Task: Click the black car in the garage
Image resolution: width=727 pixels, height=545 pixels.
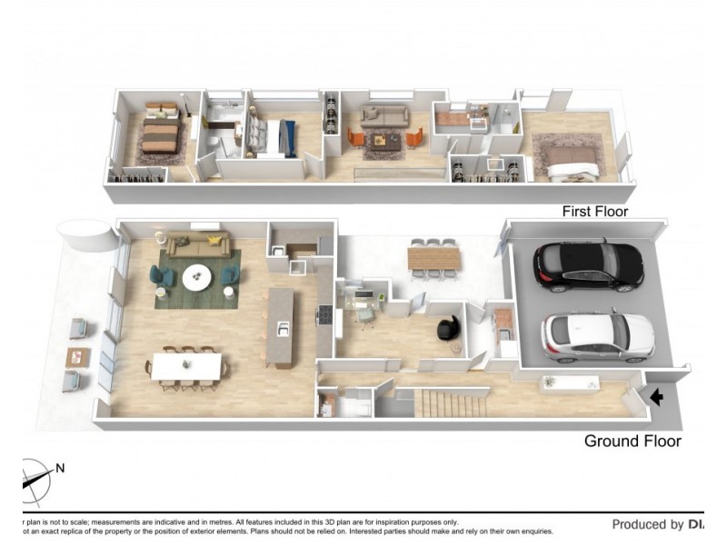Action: click(x=588, y=264)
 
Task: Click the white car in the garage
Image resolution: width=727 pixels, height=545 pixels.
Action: click(x=597, y=334)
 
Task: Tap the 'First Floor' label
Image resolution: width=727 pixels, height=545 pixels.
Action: click(x=595, y=212)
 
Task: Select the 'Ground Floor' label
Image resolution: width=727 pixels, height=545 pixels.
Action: click(x=632, y=441)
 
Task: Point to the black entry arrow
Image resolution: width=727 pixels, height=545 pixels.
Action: click(x=657, y=397)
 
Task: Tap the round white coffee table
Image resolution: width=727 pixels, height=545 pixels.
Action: click(x=195, y=277)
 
